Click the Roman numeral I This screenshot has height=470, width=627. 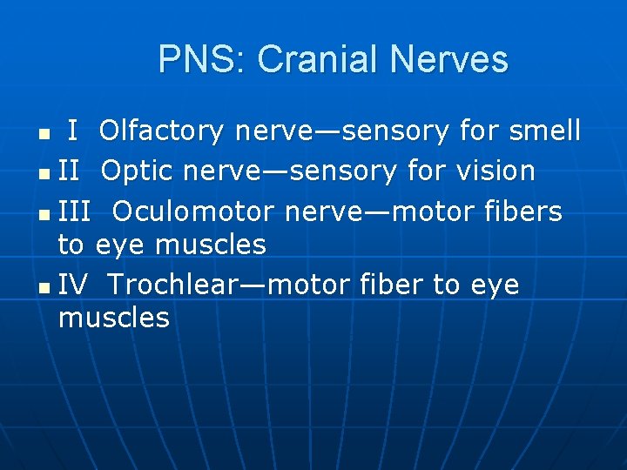pos(74,131)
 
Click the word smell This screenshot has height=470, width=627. pos(545,131)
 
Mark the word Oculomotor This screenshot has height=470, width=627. pos(193,211)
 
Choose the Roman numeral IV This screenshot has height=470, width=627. pos(74,285)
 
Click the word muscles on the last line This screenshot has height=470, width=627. pos(114,318)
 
